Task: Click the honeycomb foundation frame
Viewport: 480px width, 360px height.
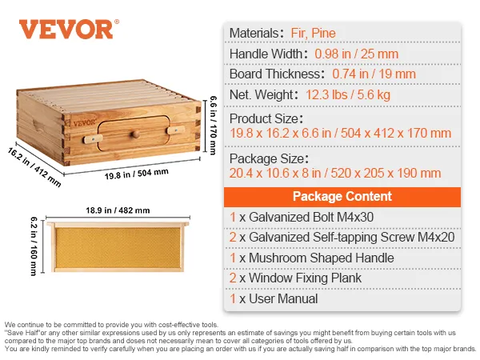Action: (118, 246)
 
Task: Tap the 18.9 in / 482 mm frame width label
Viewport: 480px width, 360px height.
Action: (118, 210)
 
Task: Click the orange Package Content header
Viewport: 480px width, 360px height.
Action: (342, 196)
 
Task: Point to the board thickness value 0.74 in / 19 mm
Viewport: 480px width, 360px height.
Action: (374, 74)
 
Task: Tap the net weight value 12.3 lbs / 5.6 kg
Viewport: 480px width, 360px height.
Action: (347, 95)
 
